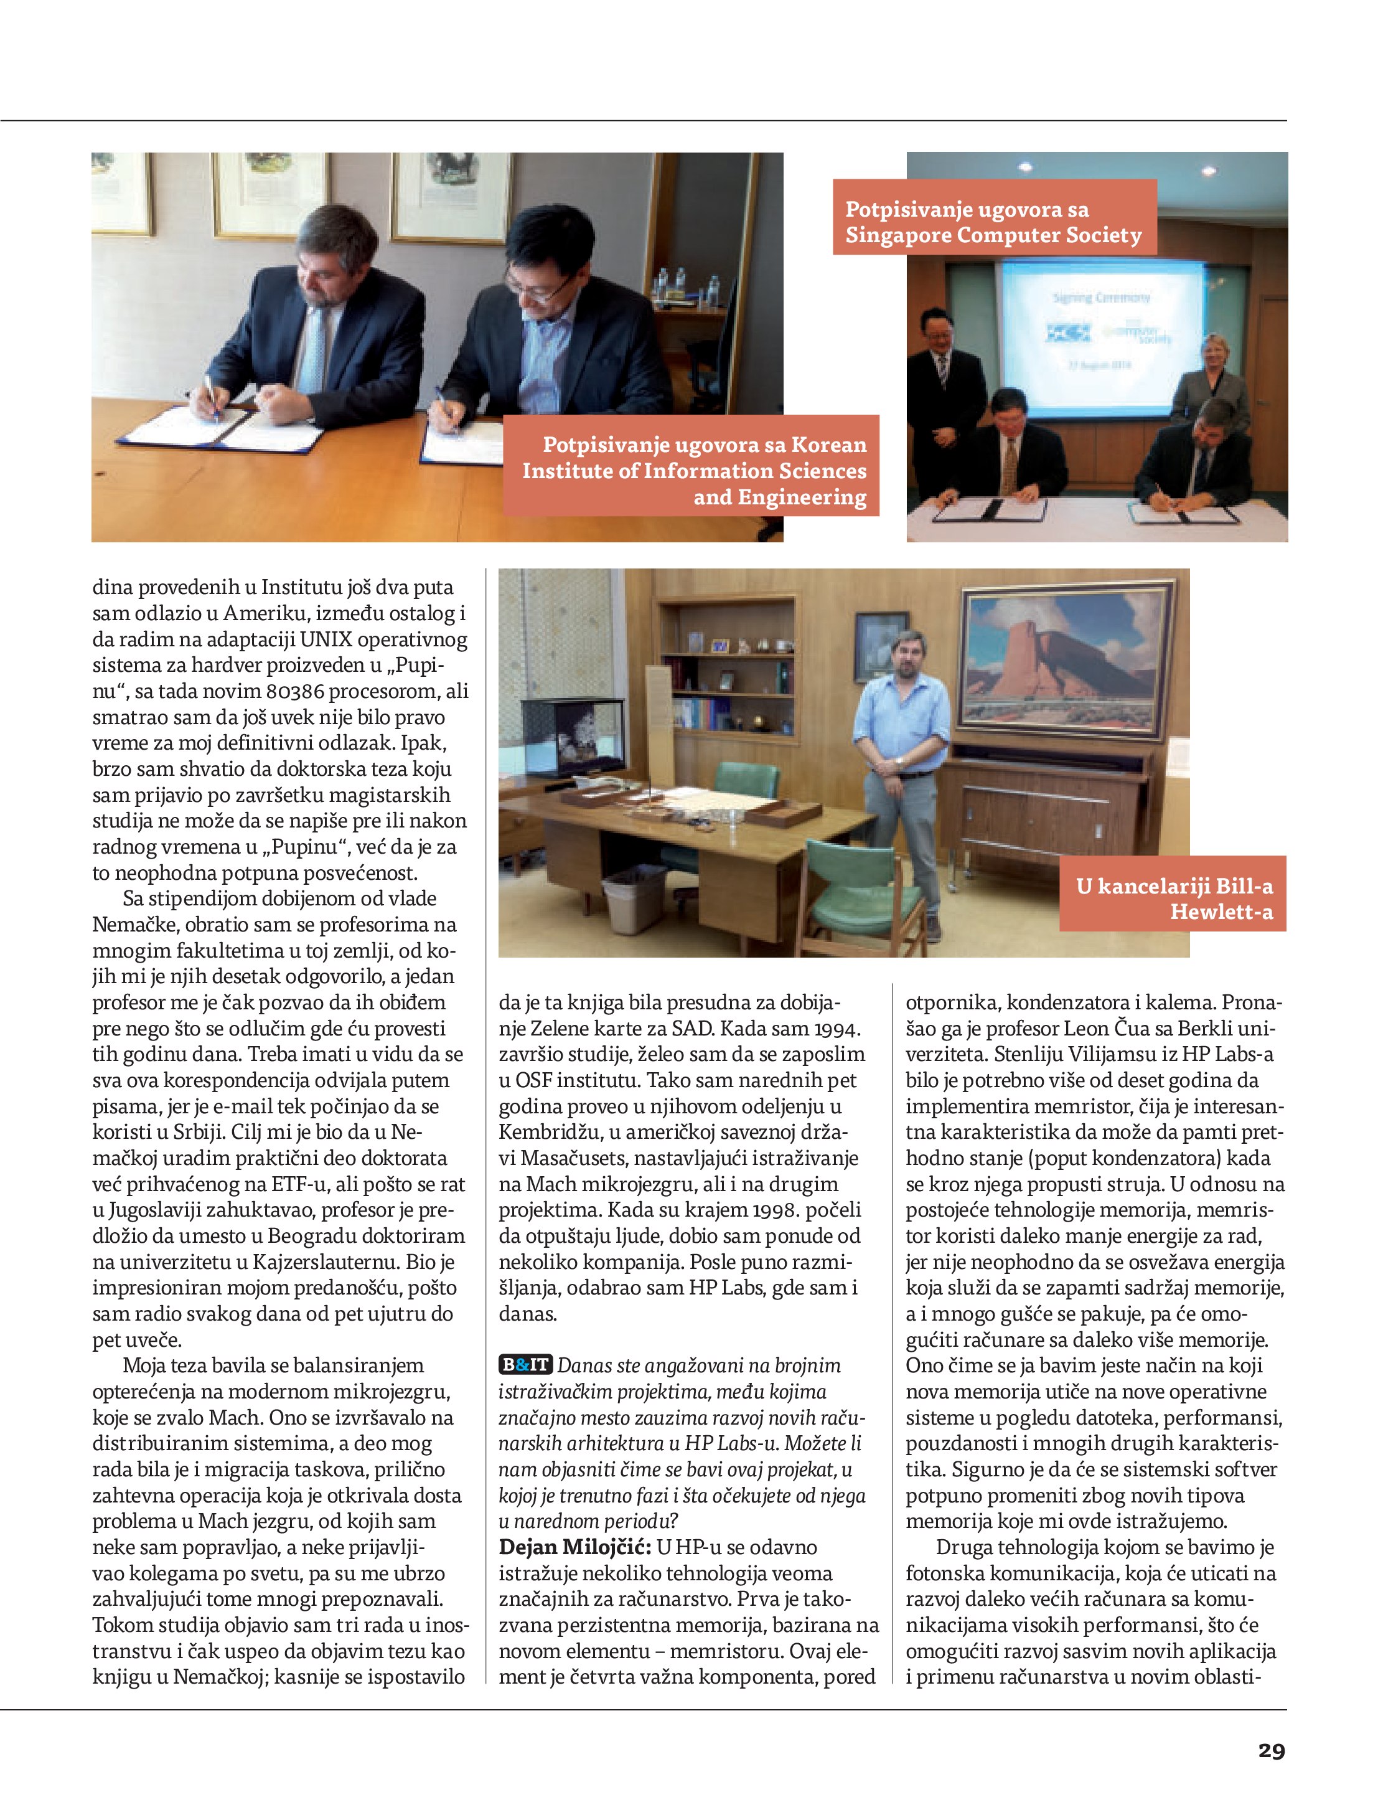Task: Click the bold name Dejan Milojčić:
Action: click(x=574, y=1547)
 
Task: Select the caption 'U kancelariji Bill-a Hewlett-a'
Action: click(x=1173, y=898)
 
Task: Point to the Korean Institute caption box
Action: click(x=693, y=470)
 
